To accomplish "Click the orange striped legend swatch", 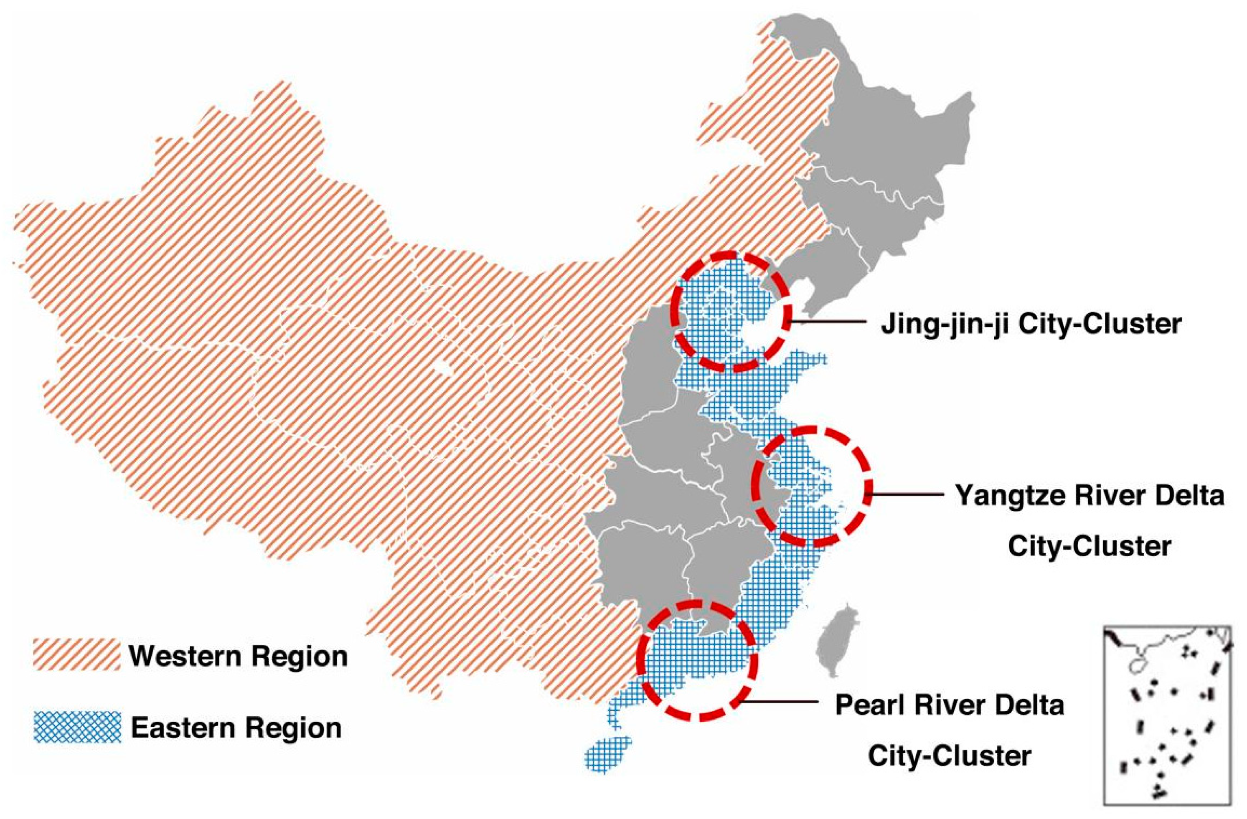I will [76, 654].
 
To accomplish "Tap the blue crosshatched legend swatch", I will [76, 728].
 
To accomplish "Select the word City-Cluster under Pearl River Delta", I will [950, 755].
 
